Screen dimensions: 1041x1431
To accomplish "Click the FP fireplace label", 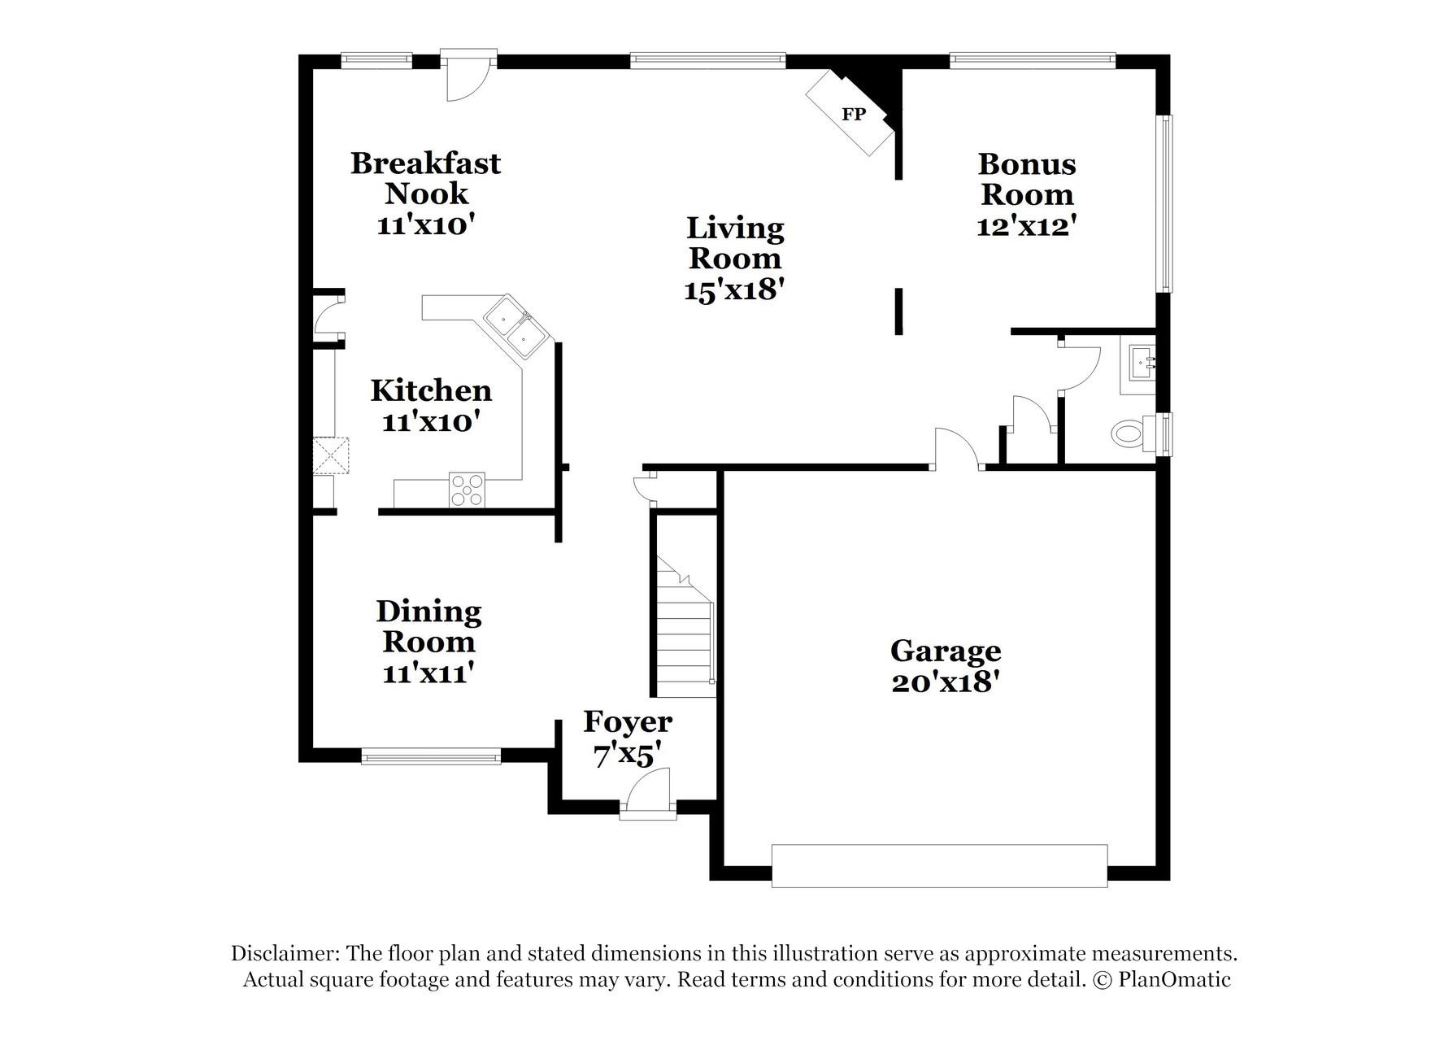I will (x=853, y=115).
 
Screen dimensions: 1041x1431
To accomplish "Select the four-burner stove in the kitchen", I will (x=467, y=490).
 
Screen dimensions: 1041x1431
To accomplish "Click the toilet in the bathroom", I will (x=1129, y=433).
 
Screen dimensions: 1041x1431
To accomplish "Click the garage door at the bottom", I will (x=939, y=865).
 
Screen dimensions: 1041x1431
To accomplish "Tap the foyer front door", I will (x=648, y=800).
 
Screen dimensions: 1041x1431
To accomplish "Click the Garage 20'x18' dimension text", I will (x=945, y=682).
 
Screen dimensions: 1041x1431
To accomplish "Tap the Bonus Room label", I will (x=1027, y=179).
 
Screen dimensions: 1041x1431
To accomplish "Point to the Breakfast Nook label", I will (x=425, y=178).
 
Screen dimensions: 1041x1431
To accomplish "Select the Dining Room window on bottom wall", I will (x=431, y=757).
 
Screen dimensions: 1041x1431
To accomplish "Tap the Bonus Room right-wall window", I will (x=1167, y=203).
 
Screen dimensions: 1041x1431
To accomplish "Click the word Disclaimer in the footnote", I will (x=284, y=953).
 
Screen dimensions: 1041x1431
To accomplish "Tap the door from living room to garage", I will (x=956, y=449).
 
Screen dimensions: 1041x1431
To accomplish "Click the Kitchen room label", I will (x=431, y=390).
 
